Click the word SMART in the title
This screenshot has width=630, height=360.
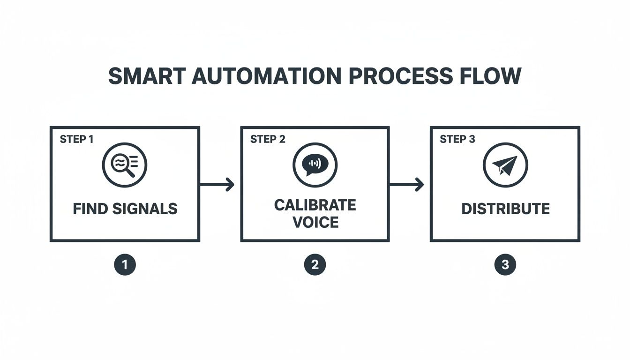[x=146, y=76]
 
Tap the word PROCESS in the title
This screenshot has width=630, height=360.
[x=400, y=76]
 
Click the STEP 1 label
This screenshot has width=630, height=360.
[x=76, y=139]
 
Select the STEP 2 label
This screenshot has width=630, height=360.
[x=268, y=139]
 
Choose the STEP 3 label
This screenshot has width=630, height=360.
[x=457, y=139]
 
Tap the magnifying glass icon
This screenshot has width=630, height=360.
[x=125, y=165]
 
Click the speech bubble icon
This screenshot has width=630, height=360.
[x=315, y=165]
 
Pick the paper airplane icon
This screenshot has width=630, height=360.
[x=505, y=165]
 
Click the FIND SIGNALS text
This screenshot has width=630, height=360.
[x=125, y=209]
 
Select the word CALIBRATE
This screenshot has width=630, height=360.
[x=315, y=205]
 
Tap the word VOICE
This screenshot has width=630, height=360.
[x=315, y=222]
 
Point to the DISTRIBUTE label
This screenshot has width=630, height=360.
[x=505, y=209]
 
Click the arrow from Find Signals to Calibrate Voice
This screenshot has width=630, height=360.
[x=217, y=185]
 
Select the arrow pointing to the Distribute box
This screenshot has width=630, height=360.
[x=406, y=185]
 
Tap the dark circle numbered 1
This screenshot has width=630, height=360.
[x=125, y=265]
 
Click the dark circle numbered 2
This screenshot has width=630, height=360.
[x=315, y=265]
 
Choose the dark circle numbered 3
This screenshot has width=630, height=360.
[x=505, y=265]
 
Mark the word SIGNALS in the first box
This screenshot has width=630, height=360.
[x=145, y=209]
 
